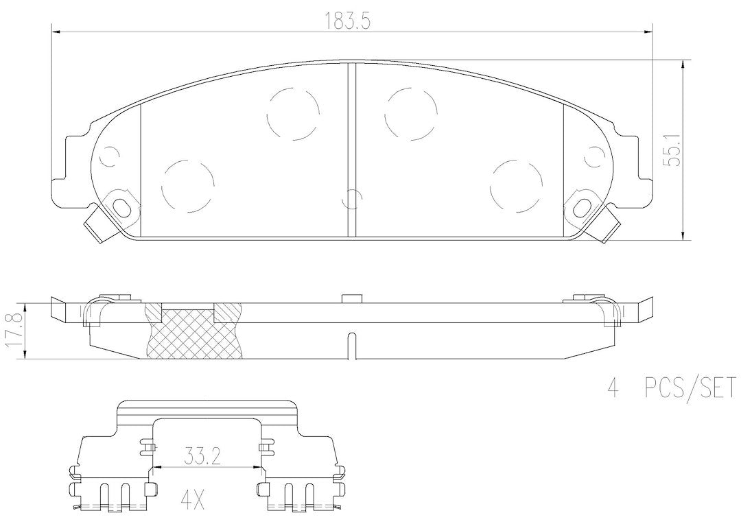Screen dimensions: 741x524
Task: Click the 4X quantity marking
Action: point(193,501)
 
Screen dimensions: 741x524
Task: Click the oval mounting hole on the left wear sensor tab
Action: point(122,207)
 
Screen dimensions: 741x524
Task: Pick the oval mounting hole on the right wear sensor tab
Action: point(583,207)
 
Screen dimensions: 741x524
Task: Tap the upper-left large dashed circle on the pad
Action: point(293,114)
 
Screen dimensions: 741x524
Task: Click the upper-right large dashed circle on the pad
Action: point(411,114)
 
